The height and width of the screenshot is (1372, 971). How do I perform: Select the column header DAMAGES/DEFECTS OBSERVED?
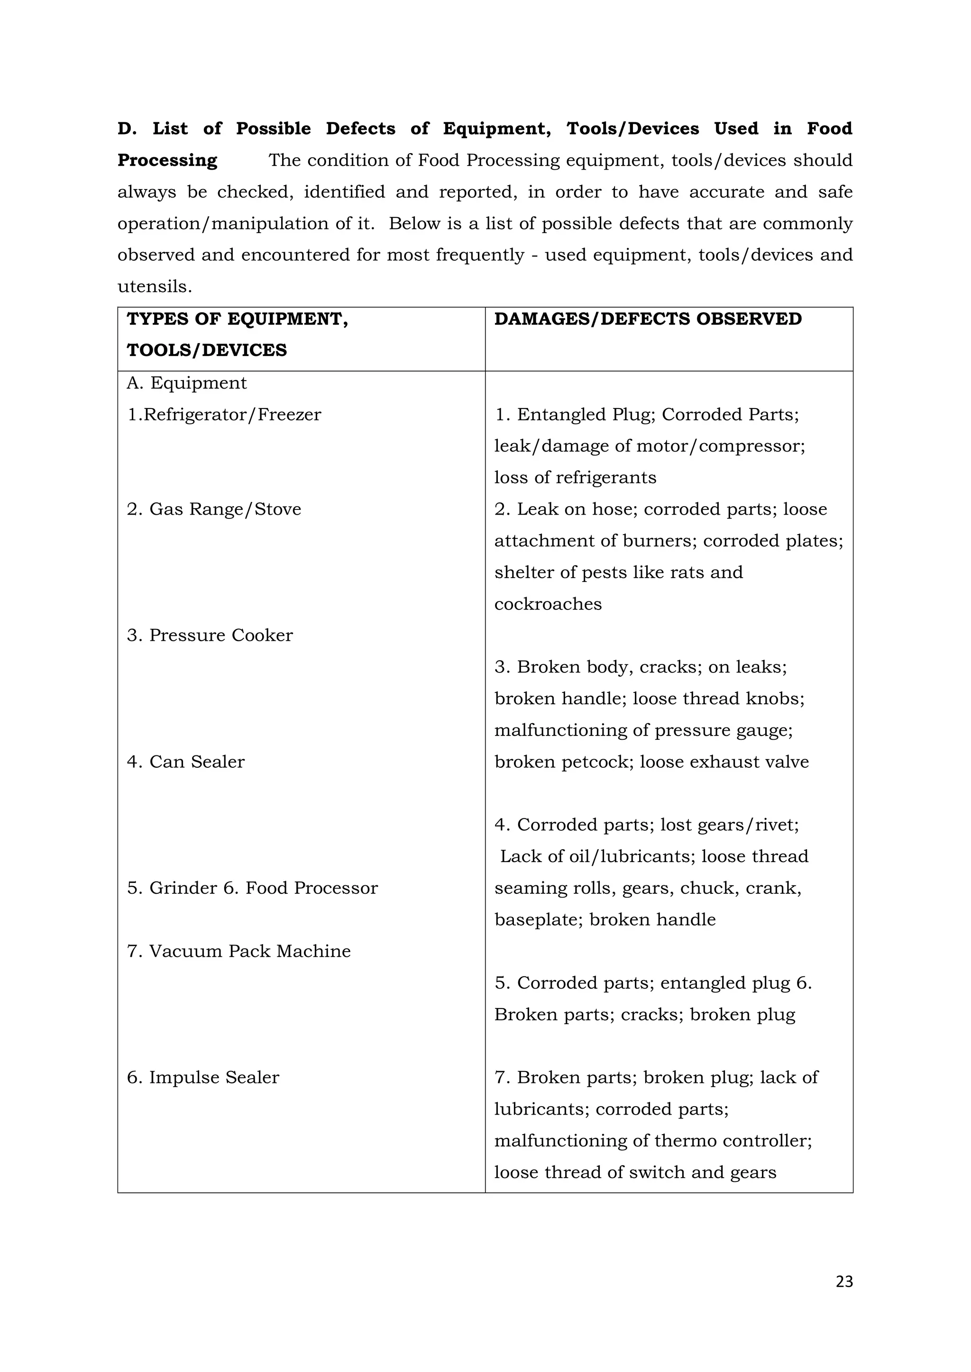click(x=648, y=319)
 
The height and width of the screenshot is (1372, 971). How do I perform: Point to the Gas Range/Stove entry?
click(x=213, y=509)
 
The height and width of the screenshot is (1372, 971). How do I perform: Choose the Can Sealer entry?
click(x=185, y=762)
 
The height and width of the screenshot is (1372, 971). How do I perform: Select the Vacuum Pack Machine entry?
click(x=238, y=951)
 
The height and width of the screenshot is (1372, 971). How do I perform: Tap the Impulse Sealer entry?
click(x=203, y=1077)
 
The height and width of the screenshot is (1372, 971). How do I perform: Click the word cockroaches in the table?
click(x=548, y=604)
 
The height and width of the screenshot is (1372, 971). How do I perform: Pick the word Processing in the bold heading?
click(x=167, y=160)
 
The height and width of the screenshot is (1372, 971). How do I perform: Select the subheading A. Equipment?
click(x=186, y=383)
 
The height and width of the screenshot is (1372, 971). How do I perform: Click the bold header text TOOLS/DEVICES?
click(x=207, y=350)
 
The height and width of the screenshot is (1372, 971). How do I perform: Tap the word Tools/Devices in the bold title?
click(x=632, y=128)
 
